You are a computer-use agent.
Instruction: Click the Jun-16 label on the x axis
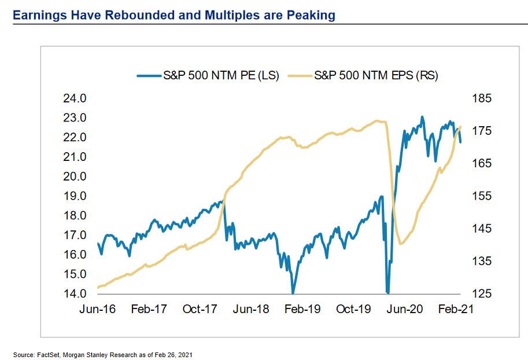click(98, 309)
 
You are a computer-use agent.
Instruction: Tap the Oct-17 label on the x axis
click(200, 309)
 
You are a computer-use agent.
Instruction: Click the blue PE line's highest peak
click(422, 117)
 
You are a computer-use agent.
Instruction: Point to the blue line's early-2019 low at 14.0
click(293, 292)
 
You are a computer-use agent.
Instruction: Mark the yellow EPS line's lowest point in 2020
click(401, 244)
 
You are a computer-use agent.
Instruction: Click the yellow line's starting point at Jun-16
click(98, 287)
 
